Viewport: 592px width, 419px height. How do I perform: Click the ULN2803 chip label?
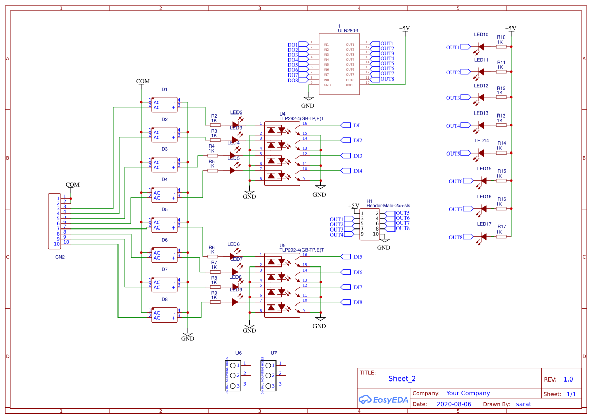tap(347, 31)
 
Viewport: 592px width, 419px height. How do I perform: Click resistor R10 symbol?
tap(501, 47)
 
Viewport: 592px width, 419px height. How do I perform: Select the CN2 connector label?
tap(60, 257)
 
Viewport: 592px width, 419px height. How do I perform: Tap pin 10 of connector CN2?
tap(57, 244)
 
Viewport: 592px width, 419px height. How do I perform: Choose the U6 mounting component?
tap(233, 375)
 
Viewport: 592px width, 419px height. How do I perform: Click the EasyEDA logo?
tap(383, 400)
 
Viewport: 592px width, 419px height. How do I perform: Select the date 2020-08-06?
tap(453, 404)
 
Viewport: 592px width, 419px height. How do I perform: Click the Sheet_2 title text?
tap(402, 378)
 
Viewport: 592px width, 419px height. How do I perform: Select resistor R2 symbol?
tap(215, 125)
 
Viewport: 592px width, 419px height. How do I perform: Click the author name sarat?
tap(523, 404)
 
